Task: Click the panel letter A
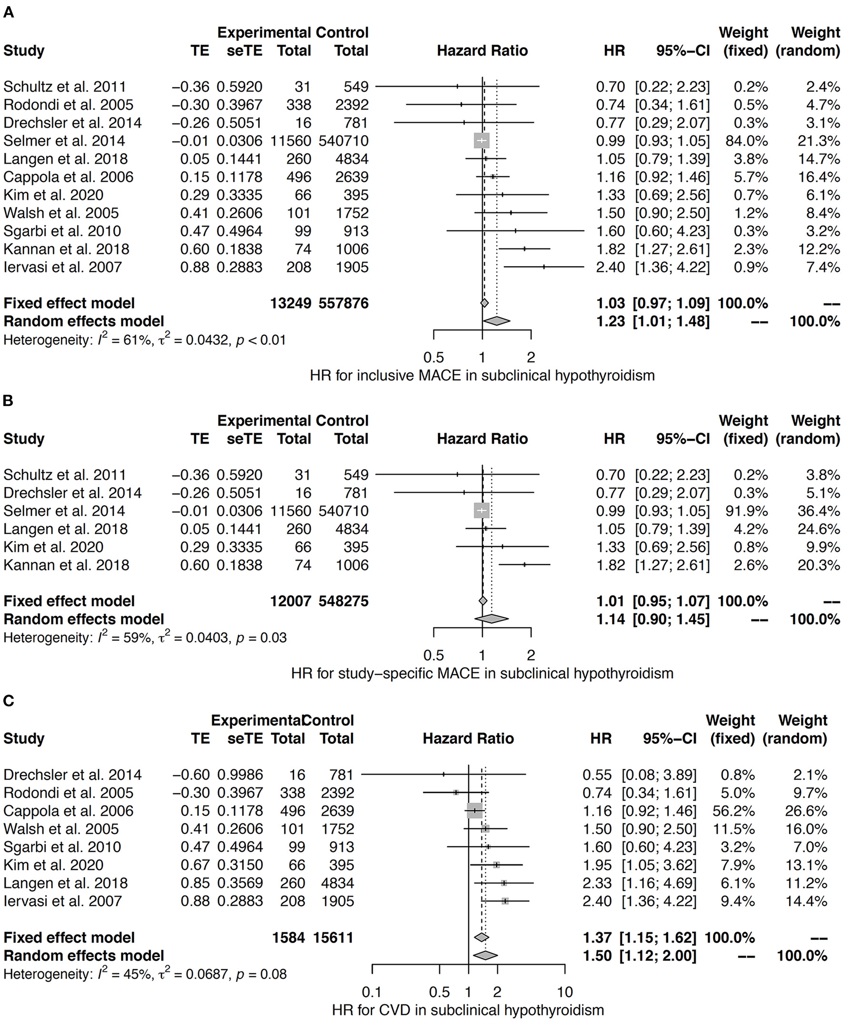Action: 8,12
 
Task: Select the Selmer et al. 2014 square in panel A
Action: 482,141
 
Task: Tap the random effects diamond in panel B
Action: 492,619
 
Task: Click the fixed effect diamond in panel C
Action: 482,937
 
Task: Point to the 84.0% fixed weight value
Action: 747,141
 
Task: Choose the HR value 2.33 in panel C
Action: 597,883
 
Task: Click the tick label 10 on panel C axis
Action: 564,992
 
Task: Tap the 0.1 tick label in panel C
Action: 372,992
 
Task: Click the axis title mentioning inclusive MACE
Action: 482,375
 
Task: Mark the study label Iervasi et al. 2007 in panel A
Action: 63,267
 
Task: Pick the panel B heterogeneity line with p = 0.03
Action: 145,637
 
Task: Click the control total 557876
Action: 344,303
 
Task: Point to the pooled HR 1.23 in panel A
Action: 611,321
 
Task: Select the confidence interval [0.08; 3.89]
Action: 659,775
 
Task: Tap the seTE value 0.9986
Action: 240,775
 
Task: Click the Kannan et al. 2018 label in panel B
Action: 67,565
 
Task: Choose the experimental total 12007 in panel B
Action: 291,601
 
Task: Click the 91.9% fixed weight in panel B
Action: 747,511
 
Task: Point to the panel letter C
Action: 8,700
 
